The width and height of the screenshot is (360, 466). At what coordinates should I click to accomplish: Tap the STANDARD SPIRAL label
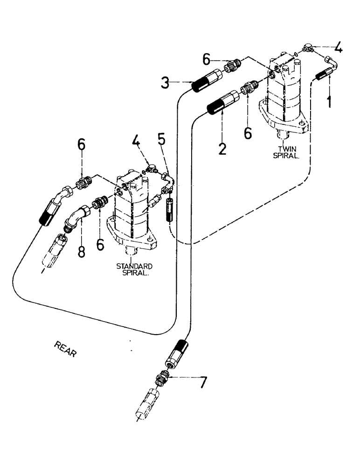(x=135, y=269)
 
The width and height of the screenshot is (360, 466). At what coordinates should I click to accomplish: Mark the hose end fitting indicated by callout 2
(x=222, y=103)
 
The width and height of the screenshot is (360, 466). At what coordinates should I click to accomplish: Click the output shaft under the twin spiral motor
(x=283, y=135)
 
